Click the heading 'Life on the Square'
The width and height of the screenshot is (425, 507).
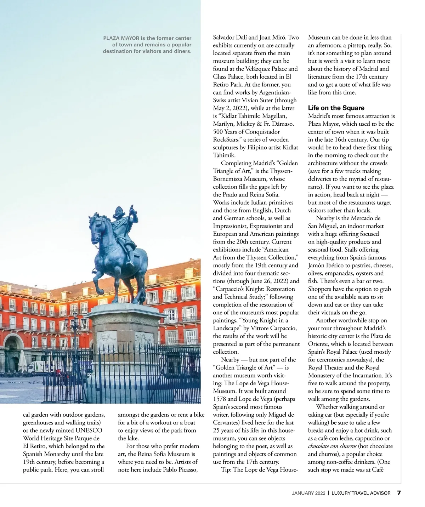(x=336, y=108)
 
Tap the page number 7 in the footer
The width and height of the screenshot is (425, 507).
(x=399, y=493)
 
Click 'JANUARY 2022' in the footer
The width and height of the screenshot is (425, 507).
(x=308, y=493)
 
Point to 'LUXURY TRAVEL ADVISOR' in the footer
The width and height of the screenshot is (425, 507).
(x=361, y=493)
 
